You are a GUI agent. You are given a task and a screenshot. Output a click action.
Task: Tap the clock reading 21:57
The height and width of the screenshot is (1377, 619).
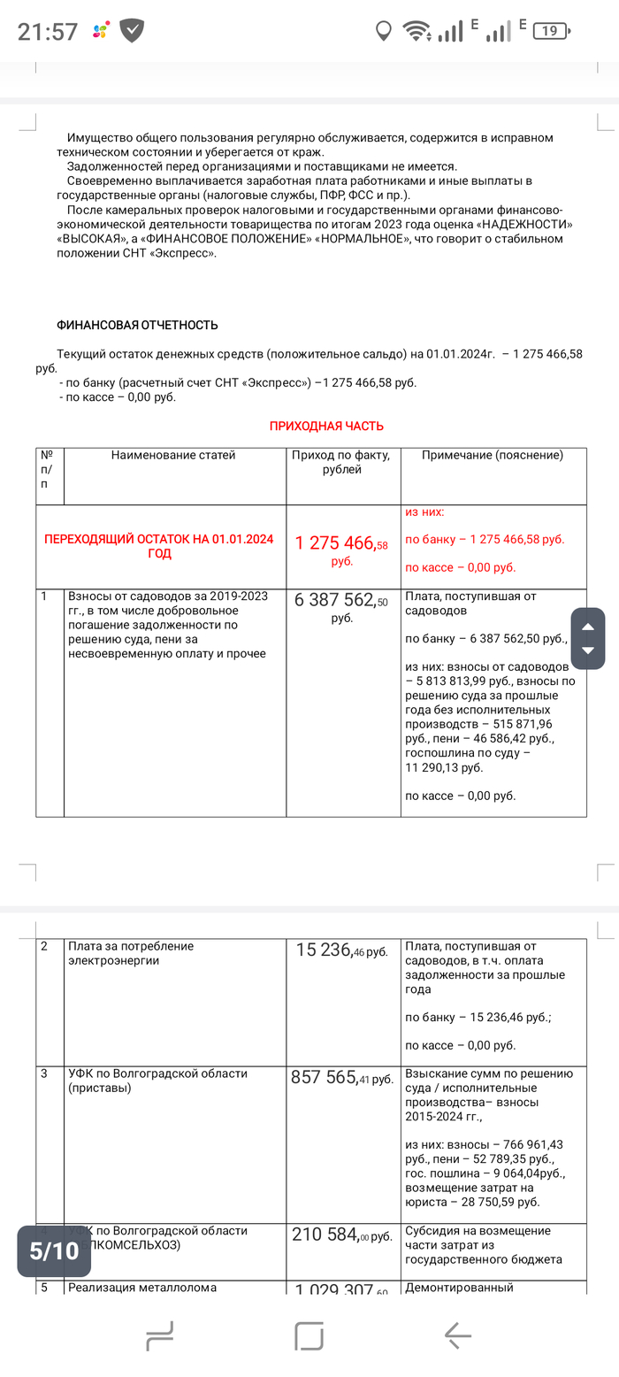click(x=48, y=32)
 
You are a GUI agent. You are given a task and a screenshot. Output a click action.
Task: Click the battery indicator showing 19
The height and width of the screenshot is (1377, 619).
click(x=549, y=31)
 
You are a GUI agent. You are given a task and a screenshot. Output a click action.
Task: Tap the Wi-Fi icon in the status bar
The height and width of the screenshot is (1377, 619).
click(x=416, y=31)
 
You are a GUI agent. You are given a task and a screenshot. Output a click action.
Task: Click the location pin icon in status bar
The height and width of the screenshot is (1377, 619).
click(x=383, y=31)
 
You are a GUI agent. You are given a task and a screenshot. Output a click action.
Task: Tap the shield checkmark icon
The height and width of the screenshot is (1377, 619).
click(x=133, y=31)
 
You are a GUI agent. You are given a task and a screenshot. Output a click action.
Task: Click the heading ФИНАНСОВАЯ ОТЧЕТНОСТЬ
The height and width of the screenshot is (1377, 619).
click(x=137, y=326)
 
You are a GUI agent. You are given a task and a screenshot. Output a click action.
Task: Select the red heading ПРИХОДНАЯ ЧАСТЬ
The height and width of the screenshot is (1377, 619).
click(x=326, y=426)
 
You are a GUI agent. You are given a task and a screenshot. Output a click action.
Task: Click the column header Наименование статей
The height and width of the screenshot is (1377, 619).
click(x=173, y=456)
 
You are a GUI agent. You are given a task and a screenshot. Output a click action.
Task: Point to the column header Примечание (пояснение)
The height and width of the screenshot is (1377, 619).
click(x=493, y=456)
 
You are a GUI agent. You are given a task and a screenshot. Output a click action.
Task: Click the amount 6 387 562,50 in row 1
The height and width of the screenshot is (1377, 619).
click(x=341, y=601)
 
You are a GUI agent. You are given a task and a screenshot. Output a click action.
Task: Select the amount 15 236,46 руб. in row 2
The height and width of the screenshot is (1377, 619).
click(x=342, y=950)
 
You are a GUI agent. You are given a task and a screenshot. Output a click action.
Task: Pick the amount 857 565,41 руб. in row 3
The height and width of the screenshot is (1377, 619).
click(x=342, y=1078)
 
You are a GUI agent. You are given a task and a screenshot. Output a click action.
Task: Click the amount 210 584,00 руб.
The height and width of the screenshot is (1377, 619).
click(x=342, y=1235)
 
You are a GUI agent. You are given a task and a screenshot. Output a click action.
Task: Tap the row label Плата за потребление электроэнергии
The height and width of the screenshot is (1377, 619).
click(x=131, y=953)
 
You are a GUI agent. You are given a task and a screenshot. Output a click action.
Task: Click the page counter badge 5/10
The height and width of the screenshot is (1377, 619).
click(x=54, y=1250)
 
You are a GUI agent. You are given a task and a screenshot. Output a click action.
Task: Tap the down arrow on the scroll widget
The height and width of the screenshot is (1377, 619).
click(x=588, y=651)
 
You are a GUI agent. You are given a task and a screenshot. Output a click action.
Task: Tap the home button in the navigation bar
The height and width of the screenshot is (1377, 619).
click(x=309, y=1335)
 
